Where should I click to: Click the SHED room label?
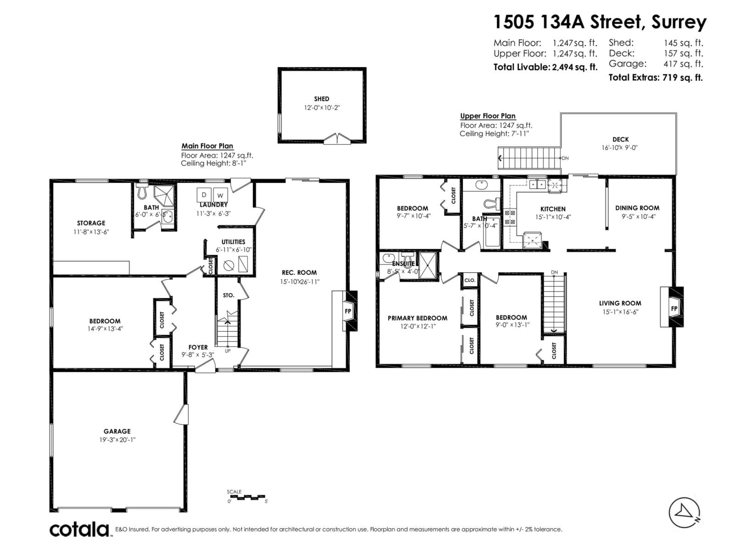click(x=322, y=99)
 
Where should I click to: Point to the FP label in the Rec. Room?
click(x=348, y=311)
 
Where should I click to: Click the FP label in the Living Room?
click(x=674, y=309)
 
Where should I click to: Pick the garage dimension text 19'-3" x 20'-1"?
click(x=118, y=440)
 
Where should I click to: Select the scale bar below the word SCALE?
click(x=248, y=497)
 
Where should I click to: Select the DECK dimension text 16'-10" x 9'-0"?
click(x=620, y=148)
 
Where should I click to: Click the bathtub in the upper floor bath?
click(x=492, y=232)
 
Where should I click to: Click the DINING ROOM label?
click(x=637, y=208)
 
